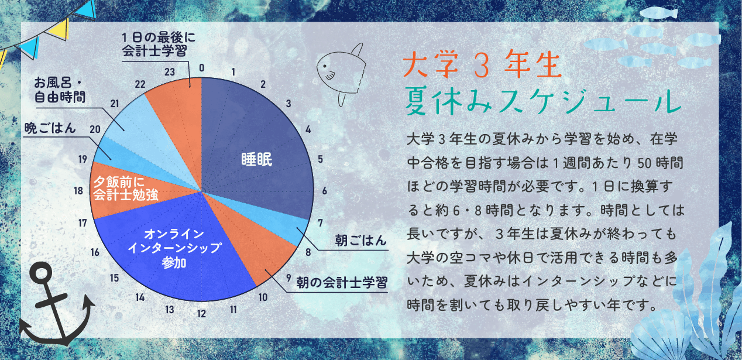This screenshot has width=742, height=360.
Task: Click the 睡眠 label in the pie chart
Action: point(257,159)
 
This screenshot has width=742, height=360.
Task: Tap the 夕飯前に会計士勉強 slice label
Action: point(125,188)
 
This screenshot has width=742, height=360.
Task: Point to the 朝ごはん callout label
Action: point(360,240)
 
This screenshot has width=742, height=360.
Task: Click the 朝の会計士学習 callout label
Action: point(342,283)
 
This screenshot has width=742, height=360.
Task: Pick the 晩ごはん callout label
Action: point(50,128)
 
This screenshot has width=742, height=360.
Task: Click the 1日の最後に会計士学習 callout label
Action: point(159,44)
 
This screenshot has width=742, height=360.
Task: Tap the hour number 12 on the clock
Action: point(201,314)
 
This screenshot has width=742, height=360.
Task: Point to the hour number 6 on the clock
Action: point(325,191)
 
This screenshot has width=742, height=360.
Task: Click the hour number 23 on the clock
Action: point(170,72)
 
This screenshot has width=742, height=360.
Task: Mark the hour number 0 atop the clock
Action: point(201,68)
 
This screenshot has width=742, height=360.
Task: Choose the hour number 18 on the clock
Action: point(78,191)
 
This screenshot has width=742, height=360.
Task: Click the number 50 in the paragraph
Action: point(647,163)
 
